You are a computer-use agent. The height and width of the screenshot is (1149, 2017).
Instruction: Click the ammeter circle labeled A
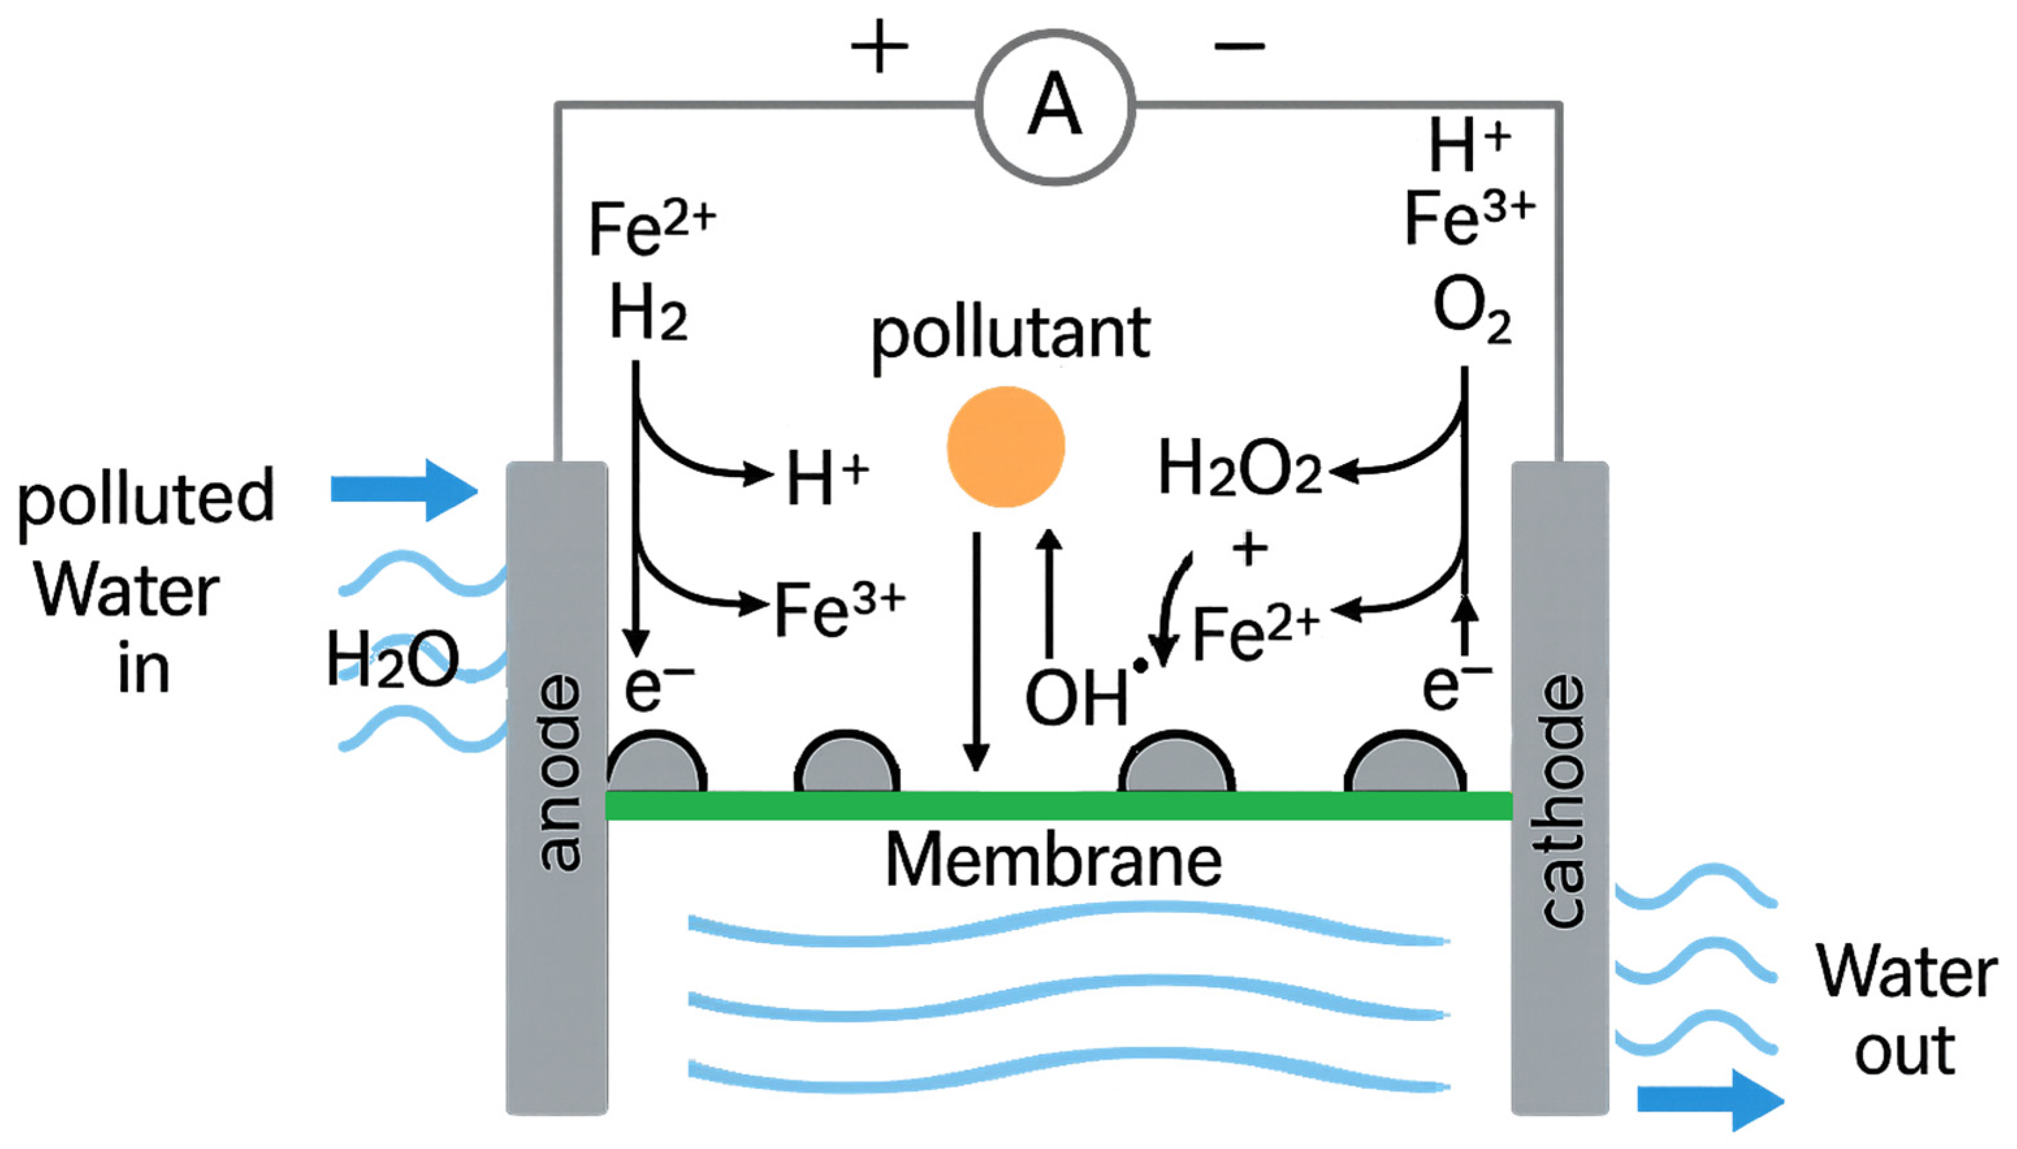pyautogui.click(x=1055, y=107)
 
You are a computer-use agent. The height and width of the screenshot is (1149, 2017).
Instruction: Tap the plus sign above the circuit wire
pyautogui.click(x=879, y=47)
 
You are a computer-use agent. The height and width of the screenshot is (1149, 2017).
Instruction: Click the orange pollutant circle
pyautogui.click(x=1006, y=446)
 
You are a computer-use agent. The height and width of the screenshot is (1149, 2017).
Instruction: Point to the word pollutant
pyautogui.click(x=1010, y=335)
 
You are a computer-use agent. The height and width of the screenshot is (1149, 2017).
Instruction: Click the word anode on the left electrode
pyautogui.click(x=559, y=773)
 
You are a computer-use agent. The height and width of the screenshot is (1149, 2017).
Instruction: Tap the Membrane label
pyautogui.click(x=1054, y=860)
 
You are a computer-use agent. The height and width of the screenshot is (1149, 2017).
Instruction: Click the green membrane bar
pyautogui.click(x=1058, y=806)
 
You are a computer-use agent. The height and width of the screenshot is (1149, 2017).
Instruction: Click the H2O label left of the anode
pyautogui.click(x=392, y=659)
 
